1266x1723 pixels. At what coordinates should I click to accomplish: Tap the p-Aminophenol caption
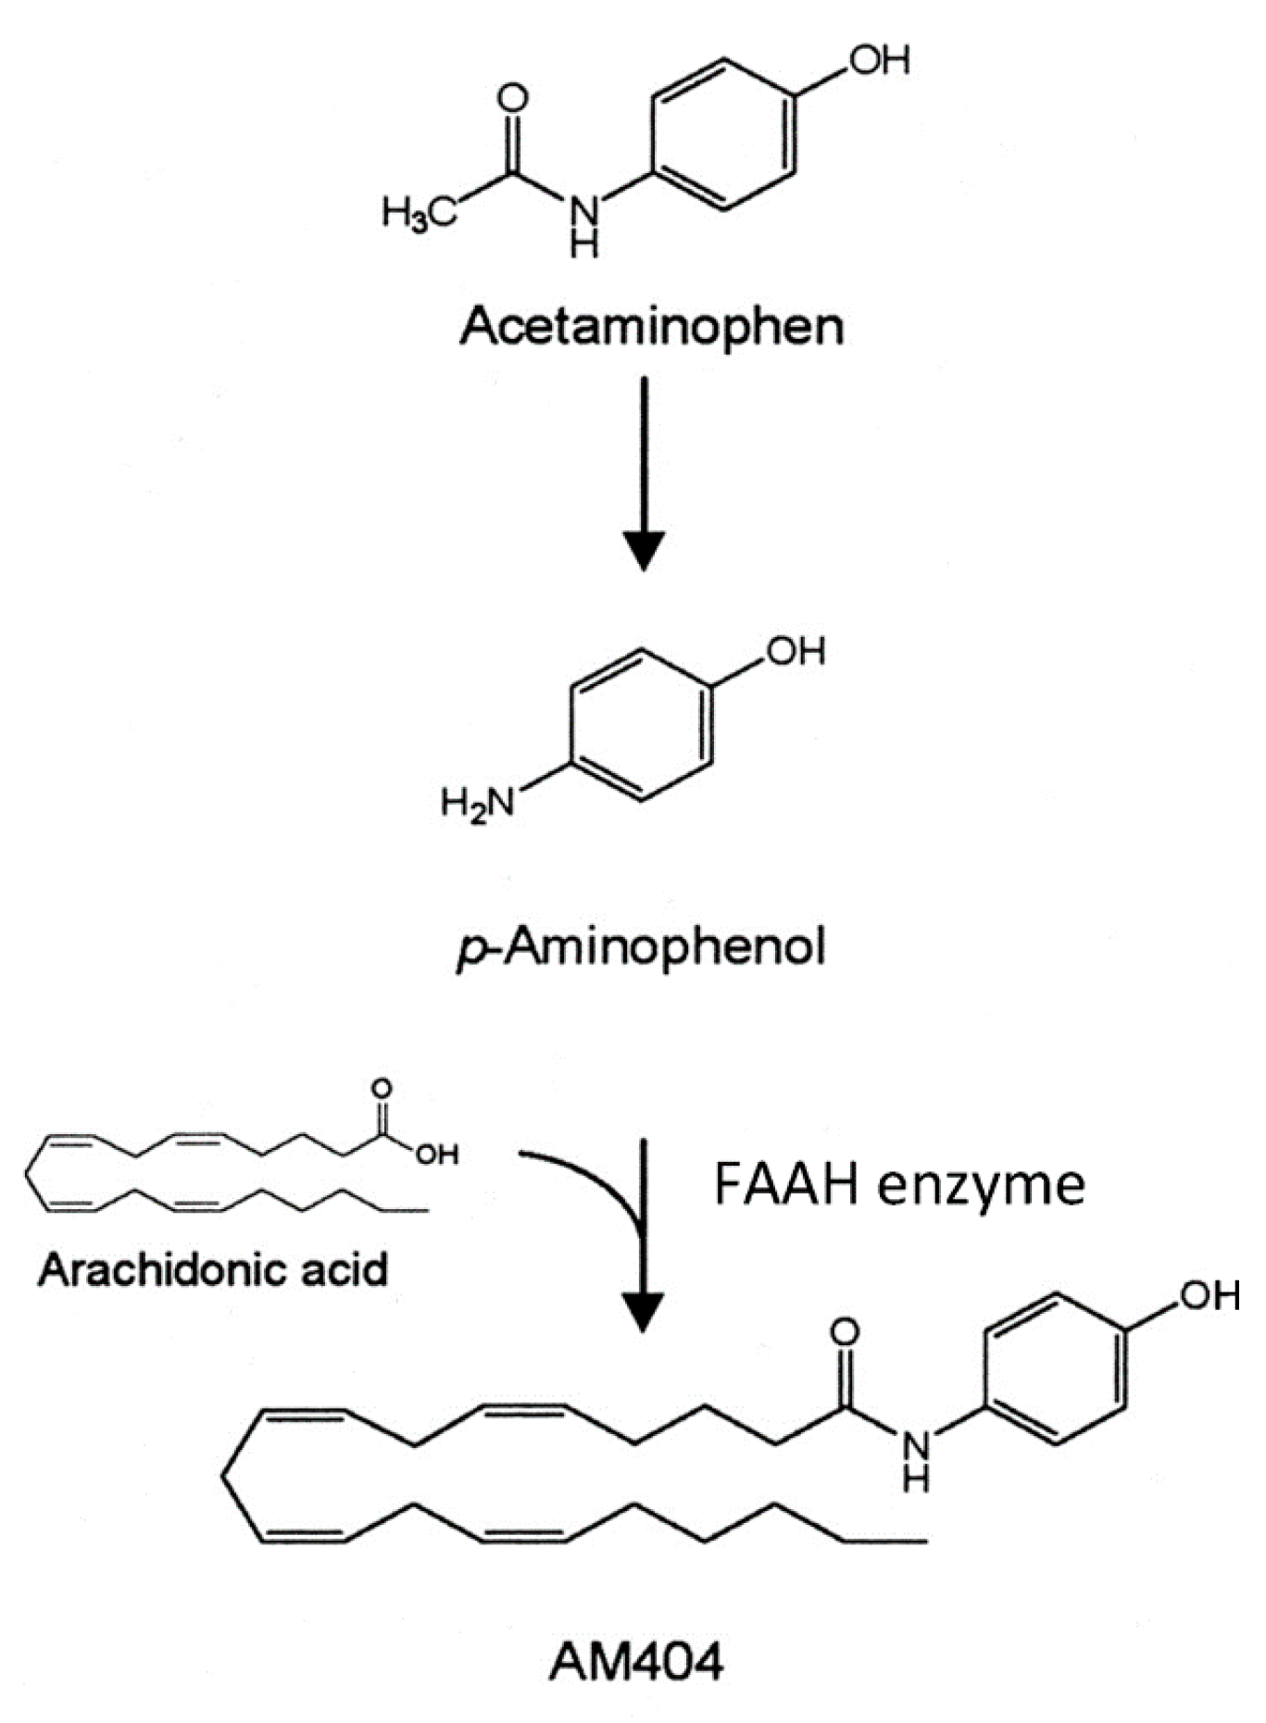click(641, 947)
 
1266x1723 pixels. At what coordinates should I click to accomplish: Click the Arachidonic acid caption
click(212, 1269)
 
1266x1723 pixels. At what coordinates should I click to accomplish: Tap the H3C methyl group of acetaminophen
click(419, 214)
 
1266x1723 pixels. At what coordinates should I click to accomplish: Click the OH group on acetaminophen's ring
click(880, 60)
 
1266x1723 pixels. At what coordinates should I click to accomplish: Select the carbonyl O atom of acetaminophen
click(512, 98)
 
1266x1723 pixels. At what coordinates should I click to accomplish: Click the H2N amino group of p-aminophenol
click(478, 803)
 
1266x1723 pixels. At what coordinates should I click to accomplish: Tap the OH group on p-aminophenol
click(795, 651)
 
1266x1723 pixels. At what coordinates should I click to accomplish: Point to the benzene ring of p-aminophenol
click(642, 724)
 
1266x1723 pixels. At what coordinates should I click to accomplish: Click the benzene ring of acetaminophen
click(723, 135)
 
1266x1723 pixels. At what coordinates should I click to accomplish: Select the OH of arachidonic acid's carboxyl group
click(436, 1155)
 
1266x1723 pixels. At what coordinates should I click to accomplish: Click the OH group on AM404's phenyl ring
click(1209, 1294)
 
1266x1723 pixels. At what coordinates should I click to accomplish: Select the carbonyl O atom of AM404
click(844, 1332)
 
